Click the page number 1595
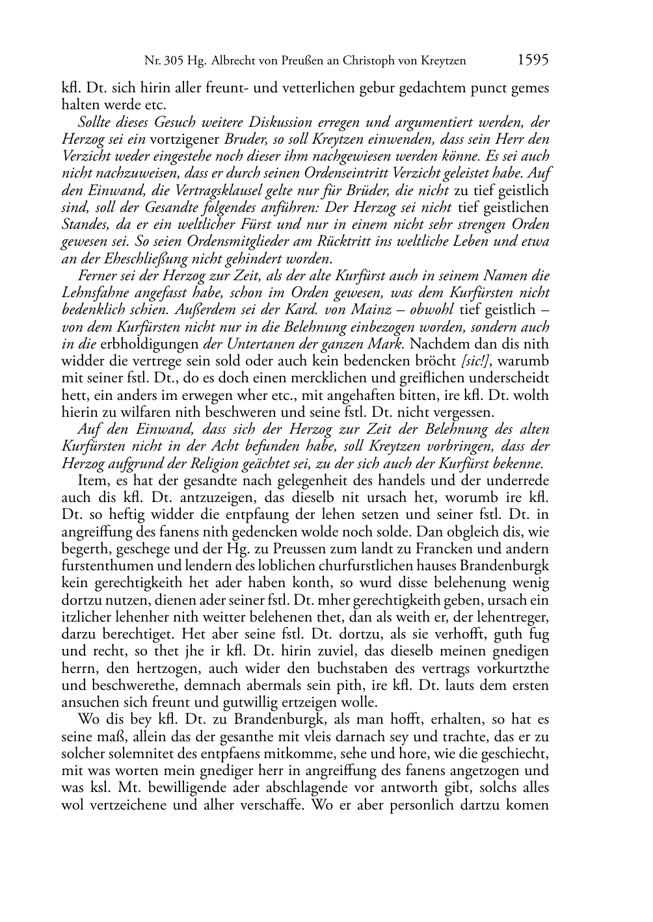[533, 60]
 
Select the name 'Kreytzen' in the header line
[442, 62]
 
